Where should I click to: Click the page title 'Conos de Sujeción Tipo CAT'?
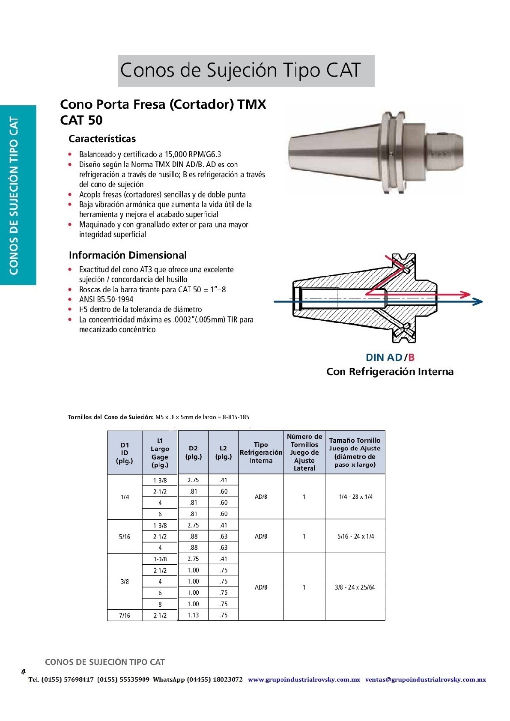240,70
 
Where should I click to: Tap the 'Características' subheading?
102,139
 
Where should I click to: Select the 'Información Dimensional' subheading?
128,255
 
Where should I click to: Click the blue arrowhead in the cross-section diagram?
477,301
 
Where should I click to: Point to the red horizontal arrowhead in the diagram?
465,295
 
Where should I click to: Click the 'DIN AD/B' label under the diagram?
390,358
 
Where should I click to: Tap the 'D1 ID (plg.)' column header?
125,453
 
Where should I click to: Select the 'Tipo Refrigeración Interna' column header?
261,453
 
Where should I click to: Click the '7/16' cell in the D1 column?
125,615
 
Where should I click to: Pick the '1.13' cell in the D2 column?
193,615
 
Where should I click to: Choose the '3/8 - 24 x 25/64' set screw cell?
355,587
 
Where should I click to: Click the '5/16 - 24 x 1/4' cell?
355,536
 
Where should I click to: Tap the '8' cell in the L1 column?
160,604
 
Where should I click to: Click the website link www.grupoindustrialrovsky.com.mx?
304,679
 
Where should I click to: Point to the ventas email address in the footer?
425,679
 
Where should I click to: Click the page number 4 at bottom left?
24,672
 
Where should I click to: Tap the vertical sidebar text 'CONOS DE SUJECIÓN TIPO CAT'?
14,195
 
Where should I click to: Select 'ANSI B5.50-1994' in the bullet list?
106,299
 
